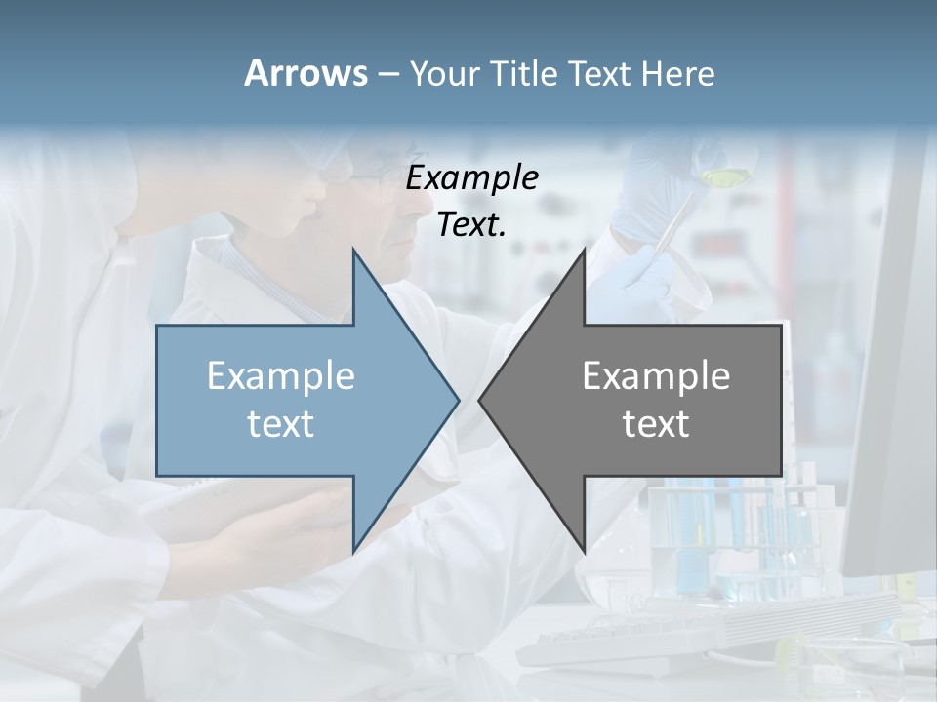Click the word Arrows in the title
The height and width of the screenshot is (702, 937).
click(x=305, y=73)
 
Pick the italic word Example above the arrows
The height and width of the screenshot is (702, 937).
click(x=471, y=177)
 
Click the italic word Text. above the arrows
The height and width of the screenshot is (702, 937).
click(x=471, y=225)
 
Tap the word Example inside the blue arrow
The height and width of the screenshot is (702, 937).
click(x=281, y=375)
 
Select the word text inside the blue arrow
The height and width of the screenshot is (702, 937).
click(x=281, y=423)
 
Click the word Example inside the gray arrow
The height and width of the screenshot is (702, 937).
click(x=656, y=375)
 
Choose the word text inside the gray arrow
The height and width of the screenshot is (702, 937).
click(x=656, y=423)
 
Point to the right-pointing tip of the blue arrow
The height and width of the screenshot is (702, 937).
click(x=457, y=400)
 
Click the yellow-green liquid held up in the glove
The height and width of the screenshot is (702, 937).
click(x=723, y=177)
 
